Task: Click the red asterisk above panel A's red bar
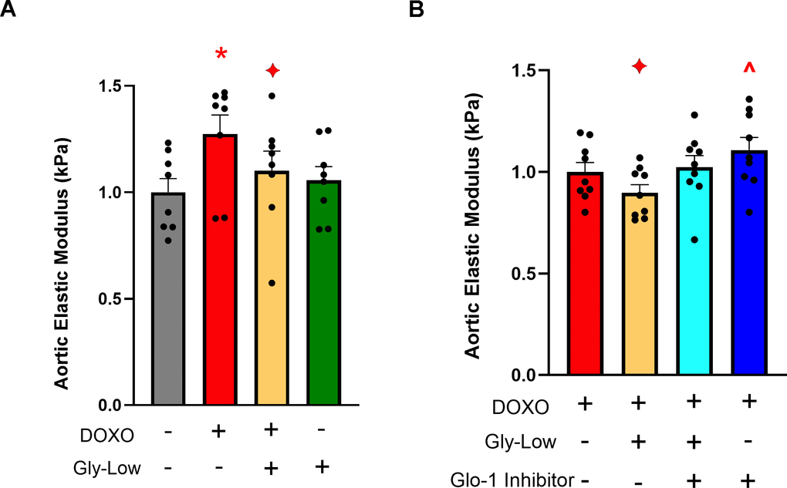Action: (x=221, y=55)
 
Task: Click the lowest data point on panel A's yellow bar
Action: (x=272, y=283)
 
